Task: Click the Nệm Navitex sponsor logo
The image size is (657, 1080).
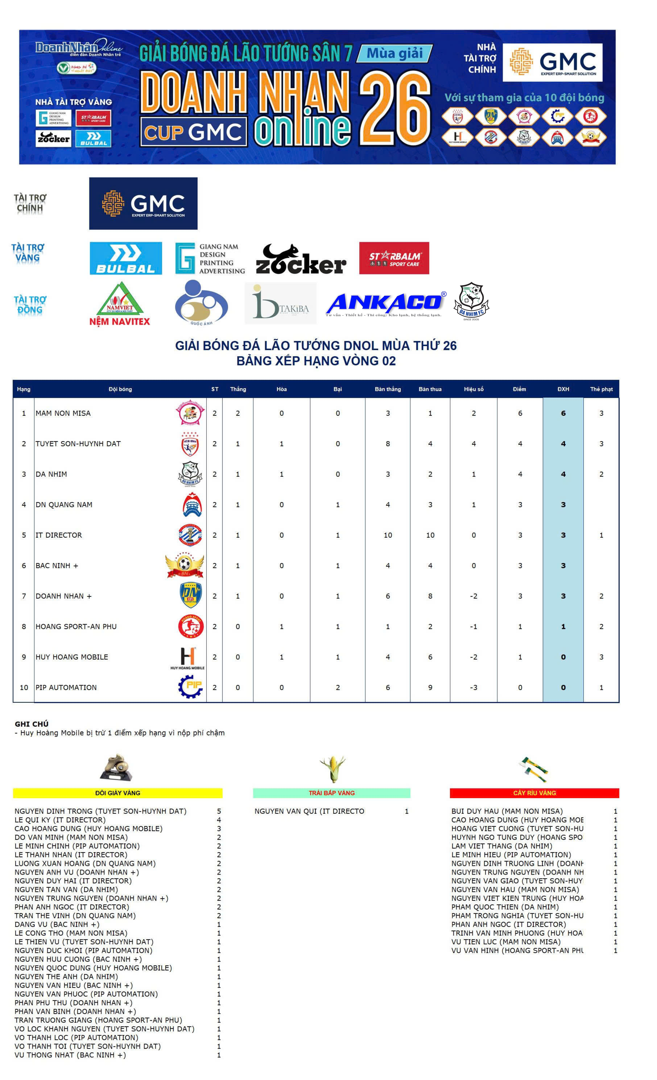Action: point(120,304)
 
